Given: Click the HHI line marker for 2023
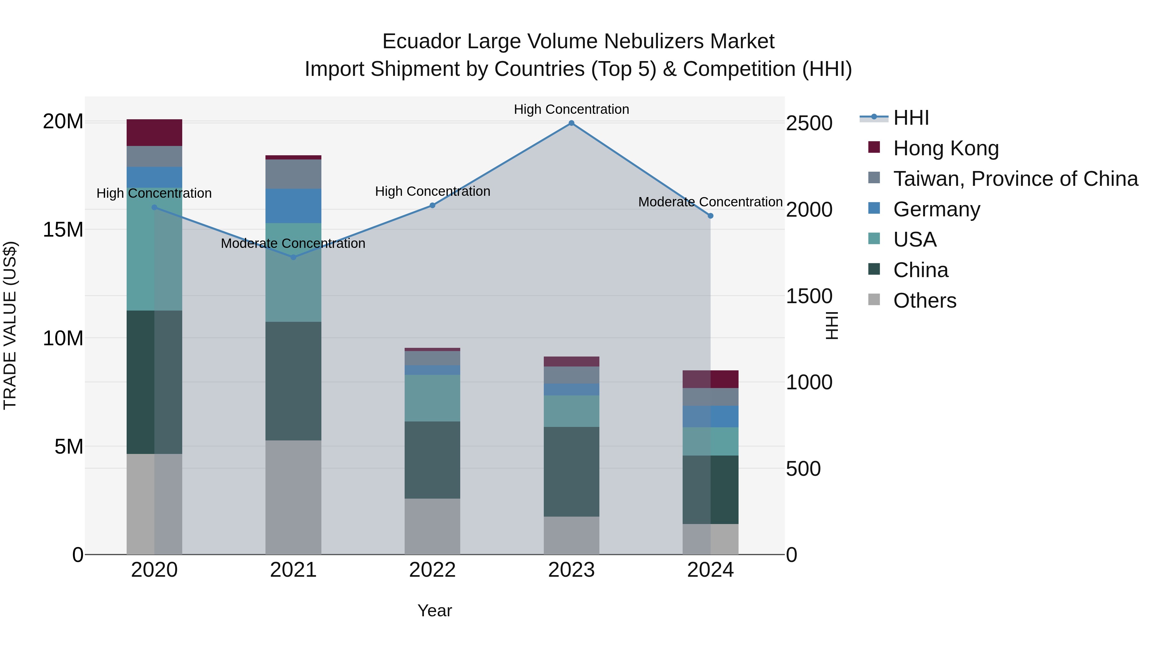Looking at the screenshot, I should [571, 123].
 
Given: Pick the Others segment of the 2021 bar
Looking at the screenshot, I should [293, 497].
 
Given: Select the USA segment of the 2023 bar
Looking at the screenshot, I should [571, 411].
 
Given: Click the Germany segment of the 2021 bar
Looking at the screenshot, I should [293, 206].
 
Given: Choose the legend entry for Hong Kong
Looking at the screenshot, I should [946, 148].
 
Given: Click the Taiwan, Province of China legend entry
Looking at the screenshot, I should [1015, 179].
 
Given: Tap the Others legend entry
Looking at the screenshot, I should [924, 301].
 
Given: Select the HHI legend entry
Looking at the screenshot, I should [910, 118].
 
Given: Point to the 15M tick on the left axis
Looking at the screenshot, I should [63, 230].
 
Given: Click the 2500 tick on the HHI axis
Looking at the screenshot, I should [809, 123].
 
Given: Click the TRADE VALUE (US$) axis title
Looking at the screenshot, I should [10, 325].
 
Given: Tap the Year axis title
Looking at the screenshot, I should [434, 610].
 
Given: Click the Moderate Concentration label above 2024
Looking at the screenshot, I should [710, 202].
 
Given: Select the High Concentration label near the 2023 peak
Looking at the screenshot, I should [571, 109].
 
